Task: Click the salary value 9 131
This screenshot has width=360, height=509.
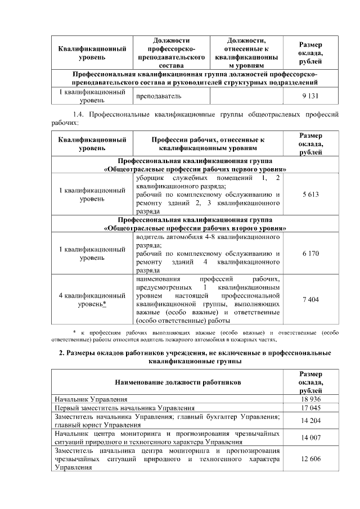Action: [310, 96]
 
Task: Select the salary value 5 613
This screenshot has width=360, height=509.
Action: [310, 194]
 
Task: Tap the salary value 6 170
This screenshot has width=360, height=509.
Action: [310, 254]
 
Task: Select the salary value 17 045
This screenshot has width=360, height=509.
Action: [310, 408]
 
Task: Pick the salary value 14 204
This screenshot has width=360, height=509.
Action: [310, 420]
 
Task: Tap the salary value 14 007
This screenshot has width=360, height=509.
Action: [310, 438]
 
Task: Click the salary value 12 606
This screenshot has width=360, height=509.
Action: [310, 459]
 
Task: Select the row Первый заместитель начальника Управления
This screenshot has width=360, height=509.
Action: [124, 408]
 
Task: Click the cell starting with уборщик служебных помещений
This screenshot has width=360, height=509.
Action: [208, 194]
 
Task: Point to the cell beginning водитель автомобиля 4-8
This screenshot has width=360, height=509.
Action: [208, 254]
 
